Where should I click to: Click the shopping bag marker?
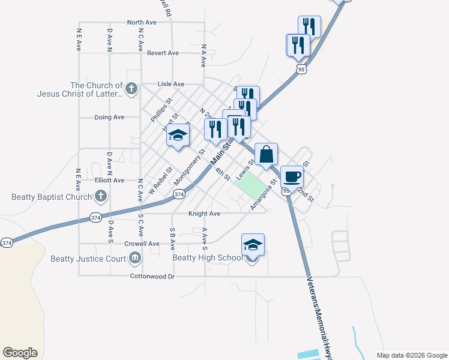click(x=266, y=154)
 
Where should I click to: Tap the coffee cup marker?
click(x=292, y=176)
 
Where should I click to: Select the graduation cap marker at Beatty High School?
click(x=253, y=245)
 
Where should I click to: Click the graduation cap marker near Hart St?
click(x=178, y=135)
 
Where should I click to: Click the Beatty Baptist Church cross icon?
click(x=101, y=196)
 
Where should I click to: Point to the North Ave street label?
click(x=142, y=22)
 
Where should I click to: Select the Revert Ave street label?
click(x=163, y=53)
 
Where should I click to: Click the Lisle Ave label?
click(x=170, y=85)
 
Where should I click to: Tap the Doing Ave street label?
click(x=109, y=117)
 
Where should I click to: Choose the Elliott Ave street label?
click(x=109, y=180)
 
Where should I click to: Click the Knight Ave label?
click(x=204, y=213)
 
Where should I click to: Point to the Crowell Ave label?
click(x=142, y=244)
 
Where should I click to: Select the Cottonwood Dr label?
click(x=152, y=277)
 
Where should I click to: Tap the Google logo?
click(x=20, y=352)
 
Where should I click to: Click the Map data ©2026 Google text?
click(x=411, y=355)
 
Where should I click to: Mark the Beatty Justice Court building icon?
click(x=135, y=259)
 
